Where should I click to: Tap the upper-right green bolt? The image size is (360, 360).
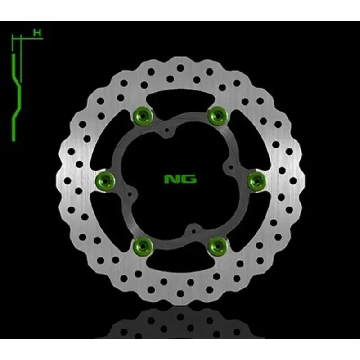click(x=218, y=116)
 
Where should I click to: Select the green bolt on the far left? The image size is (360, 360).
click(x=106, y=180)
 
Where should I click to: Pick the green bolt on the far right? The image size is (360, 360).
click(x=256, y=180)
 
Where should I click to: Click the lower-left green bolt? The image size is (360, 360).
click(x=144, y=245)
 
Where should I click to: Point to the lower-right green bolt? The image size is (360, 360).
click(x=218, y=245)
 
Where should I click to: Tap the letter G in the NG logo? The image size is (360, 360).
click(x=189, y=180)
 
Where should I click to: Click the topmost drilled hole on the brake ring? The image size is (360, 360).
click(x=180, y=67)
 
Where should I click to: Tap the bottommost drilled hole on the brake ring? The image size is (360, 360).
click(x=180, y=293)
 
